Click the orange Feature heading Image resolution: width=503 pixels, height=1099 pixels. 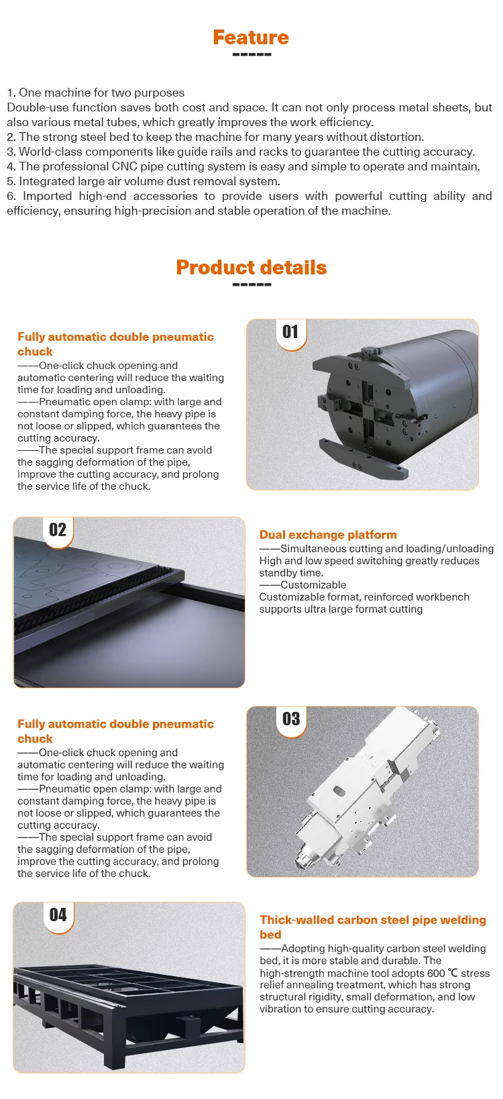click(x=251, y=38)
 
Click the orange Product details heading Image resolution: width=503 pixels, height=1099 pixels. click(x=251, y=268)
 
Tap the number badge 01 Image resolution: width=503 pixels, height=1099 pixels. click(x=290, y=332)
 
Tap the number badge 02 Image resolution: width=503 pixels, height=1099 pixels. click(x=58, y=530)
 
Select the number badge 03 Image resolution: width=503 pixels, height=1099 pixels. click(x=290, y=719)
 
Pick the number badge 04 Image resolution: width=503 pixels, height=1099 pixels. click(x=58, y=915)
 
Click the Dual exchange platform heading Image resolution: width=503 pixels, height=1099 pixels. click(x=328, y=535)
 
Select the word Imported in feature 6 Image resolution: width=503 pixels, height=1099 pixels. click(x=47, y=196)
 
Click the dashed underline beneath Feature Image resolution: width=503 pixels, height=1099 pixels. click(x=251, y=54)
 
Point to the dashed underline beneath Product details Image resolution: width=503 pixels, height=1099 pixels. click(x=251, y=284)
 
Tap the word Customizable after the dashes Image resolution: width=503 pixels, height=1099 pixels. click(x=313, y=585)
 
